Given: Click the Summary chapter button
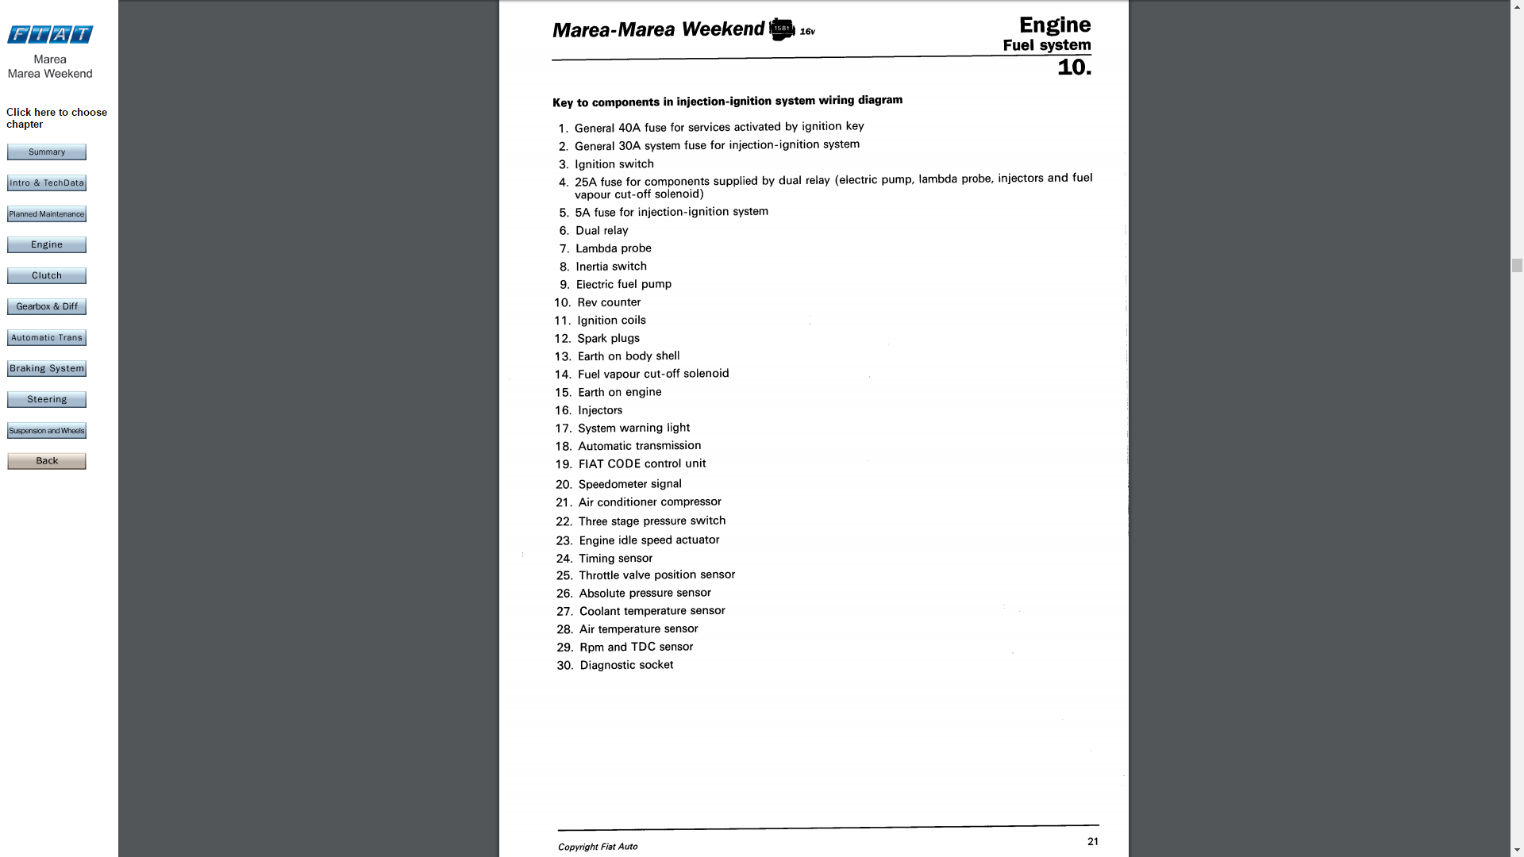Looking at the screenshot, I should (47, 152).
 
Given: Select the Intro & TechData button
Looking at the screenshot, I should (47, 183).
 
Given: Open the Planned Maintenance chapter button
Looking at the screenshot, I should (47, 214).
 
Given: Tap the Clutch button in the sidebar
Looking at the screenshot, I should (47, 276).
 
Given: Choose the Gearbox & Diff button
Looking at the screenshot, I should (47, 307).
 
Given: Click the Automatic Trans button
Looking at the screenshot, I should (47, 338).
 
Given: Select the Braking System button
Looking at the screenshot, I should (47, 369).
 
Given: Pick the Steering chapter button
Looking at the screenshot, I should (47, 400).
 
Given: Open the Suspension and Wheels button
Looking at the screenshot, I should (47, 431).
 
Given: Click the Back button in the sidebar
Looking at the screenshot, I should (47, 462).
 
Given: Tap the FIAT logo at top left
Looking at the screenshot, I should (50, 34).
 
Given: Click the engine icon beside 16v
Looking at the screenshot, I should (782, 29).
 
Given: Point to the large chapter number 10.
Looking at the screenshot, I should (1074, 67).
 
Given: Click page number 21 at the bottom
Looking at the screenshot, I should (1093, 842).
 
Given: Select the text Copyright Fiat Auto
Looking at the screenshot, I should (598, 847).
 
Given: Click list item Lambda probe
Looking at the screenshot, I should (613, 248).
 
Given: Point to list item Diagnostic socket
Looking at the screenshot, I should (626, 665).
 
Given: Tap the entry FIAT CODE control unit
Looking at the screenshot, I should (641, 464).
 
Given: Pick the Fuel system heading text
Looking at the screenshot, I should (1047, 45).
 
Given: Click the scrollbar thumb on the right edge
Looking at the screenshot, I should (1517, 266).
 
